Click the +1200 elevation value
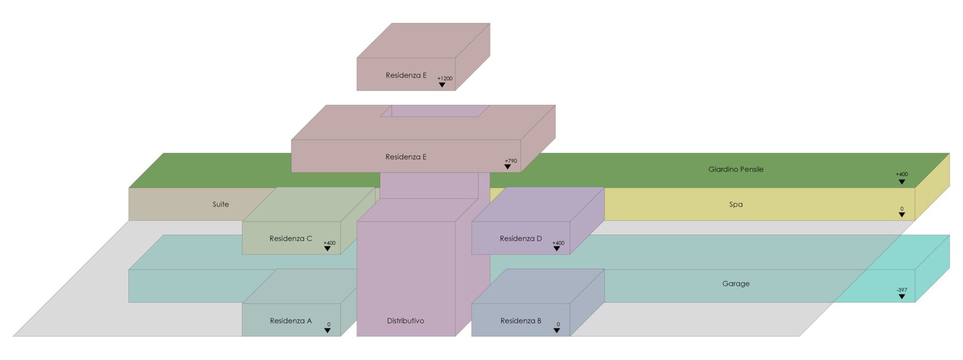[x=444, y=78]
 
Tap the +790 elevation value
[x=511, y=161]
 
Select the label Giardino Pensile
[x=735, y=169]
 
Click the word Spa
[x=735, y=205]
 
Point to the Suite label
[x=221, y=205]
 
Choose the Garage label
[x=735, y=284]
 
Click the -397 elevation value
[x=901, y=290]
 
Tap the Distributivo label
[x=405, y=321]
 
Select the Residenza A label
[x=290, y=321]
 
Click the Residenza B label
[x=521, y=321]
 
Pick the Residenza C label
[x=290, y=239]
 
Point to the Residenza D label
[x=521, y=239]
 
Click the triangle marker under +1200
[x=442, y=85]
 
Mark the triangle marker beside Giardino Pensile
[x=901, y=182]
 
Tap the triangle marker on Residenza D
[x=556, y=249]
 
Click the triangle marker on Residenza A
[x=327, y=330]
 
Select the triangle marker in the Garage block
[x=901, y=296]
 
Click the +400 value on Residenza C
[x=330, y=243]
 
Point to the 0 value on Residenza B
[x=558, y=324]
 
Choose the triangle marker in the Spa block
[x=901, y=215]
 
